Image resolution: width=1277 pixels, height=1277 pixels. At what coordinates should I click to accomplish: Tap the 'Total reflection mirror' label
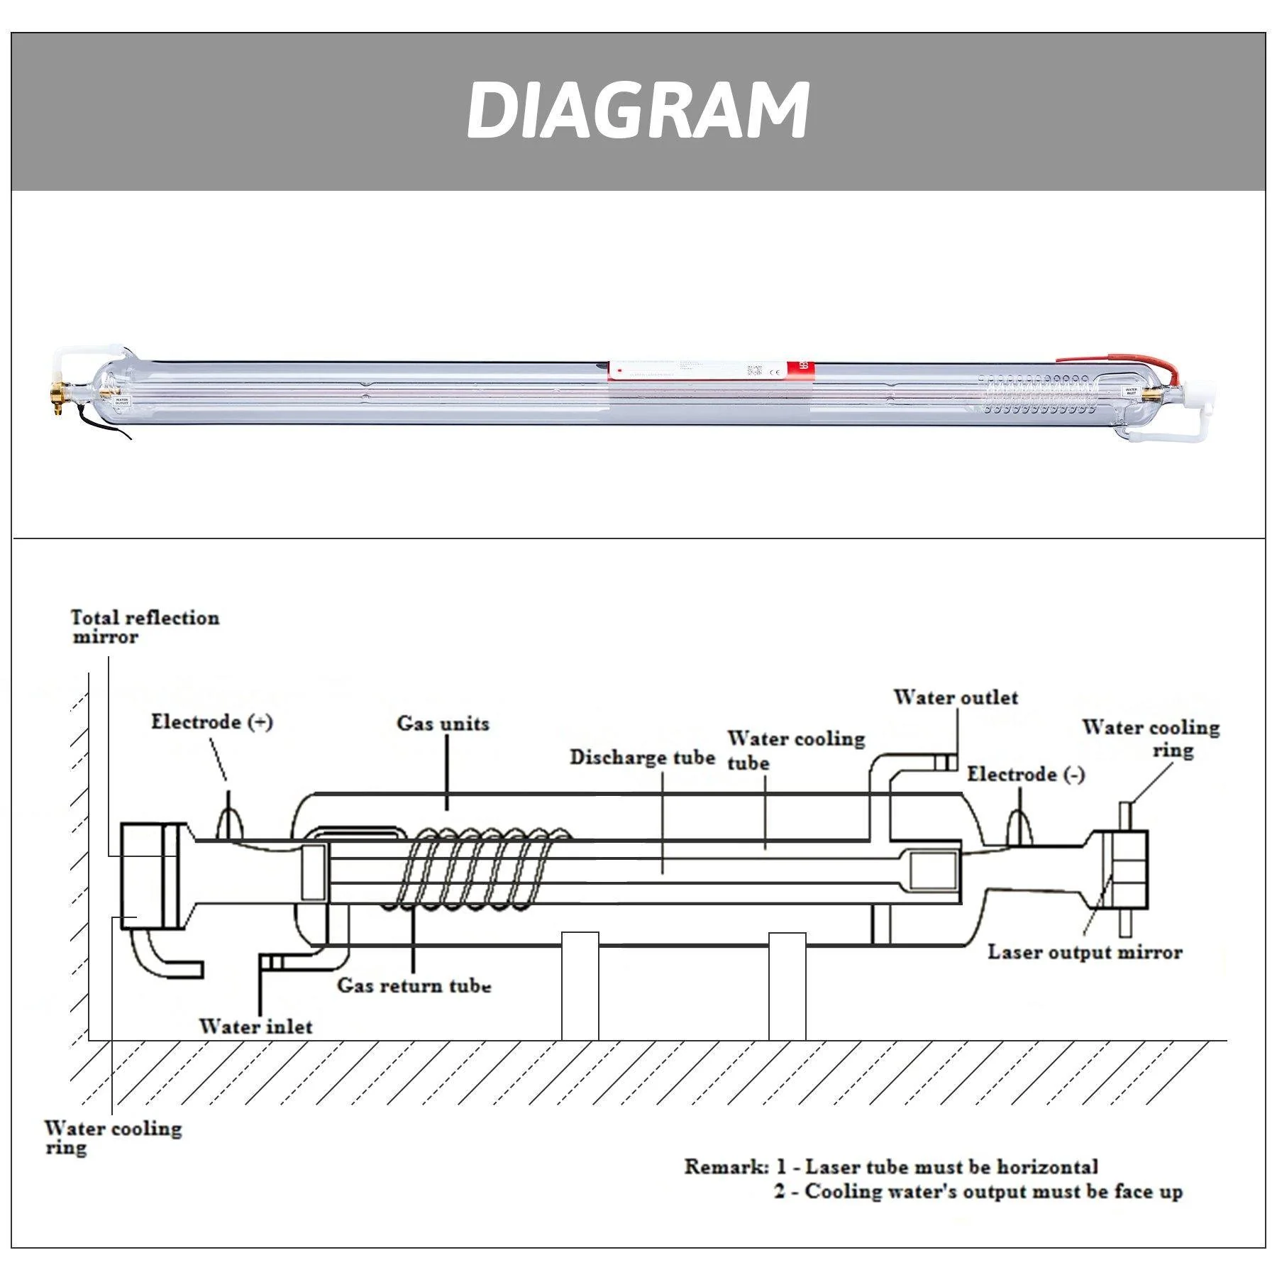[145, 627]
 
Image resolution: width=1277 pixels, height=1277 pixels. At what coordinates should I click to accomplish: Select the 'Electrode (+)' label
[211, 722]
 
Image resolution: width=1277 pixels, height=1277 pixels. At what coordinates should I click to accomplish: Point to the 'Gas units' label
[443, 724]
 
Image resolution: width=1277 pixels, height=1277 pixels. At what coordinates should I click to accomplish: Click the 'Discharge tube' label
[642, 758]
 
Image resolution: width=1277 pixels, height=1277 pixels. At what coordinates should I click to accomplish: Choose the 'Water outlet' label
[955, 697]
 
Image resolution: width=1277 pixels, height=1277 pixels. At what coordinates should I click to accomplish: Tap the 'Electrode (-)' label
[1026, 774]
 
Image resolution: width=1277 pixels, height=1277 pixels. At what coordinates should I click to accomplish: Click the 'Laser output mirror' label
[1085, 952]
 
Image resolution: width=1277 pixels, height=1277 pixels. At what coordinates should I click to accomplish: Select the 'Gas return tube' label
[414, 985]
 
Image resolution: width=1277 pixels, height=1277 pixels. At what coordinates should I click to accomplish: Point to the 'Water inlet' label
[255, 1027]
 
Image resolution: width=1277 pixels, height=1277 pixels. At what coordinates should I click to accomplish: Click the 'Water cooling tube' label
[795, 750]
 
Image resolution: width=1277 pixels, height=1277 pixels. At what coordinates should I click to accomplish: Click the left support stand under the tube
[580, 986]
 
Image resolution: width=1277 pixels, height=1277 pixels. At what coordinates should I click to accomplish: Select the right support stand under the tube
[787, 986]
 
